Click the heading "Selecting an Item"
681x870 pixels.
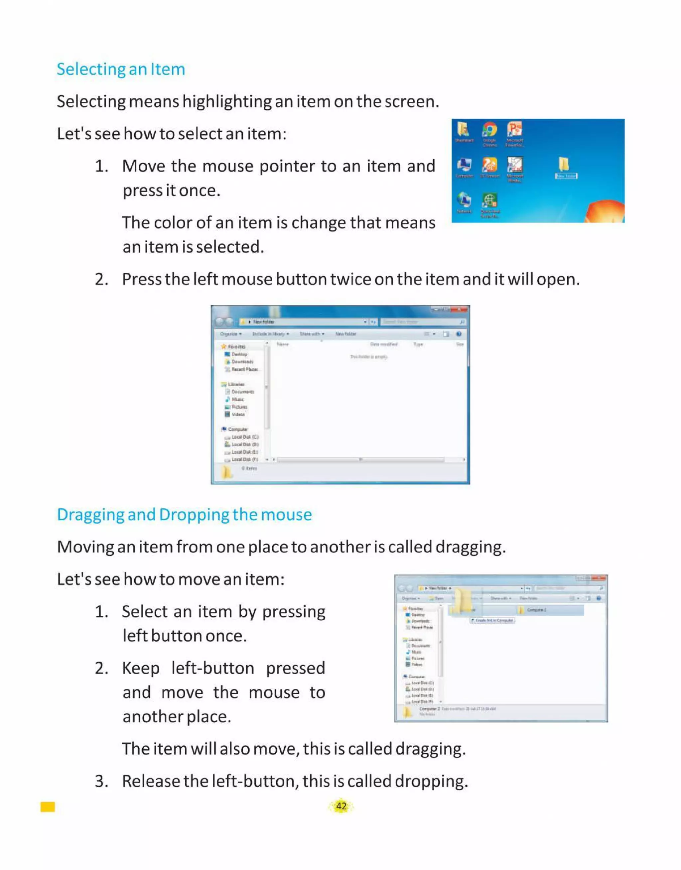click(x=121, y=69)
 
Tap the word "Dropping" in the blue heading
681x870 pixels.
click(x=194, y=515)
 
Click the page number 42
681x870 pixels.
click(x=341, y=806)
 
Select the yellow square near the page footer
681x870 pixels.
click(x=48, y=807)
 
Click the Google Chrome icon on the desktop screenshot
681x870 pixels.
click(x=489, y=130)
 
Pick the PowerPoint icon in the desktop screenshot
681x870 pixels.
click(x=514, y=130)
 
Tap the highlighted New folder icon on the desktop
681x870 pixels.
click(x=564, y=165)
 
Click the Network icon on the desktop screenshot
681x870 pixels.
click(x=464, y=200)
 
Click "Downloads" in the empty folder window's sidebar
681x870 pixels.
click(x=242, y=362)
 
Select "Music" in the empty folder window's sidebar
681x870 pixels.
click(x=238, y=399)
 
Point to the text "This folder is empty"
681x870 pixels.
click(x=368, y=357)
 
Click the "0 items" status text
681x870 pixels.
click(x=249, y=469)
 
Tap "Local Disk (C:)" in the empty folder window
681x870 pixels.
click(x=245, y=437)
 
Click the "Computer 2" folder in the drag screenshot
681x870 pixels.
click(x=536, y=610)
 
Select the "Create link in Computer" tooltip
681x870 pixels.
click(x=492, y=621)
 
